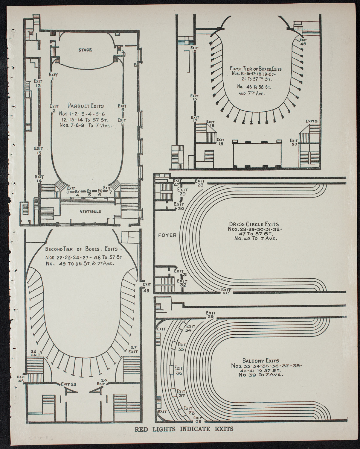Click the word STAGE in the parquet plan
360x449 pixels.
[x=85, y=50]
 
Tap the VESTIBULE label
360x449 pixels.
[x=91, y=211]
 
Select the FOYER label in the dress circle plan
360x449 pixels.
[x=167, y=235]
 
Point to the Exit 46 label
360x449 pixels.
[x=303, y=42]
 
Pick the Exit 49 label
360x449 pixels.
[x=147, y=287]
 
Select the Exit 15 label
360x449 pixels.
[x=194, y=49]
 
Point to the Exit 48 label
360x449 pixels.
[x=21, y=379]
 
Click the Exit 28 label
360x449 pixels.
[x=199, y=183]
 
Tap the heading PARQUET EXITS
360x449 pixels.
[x=86, y=106]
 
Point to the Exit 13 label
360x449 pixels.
[x=39, y=150]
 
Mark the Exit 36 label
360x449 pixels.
[x=179, y=371]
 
